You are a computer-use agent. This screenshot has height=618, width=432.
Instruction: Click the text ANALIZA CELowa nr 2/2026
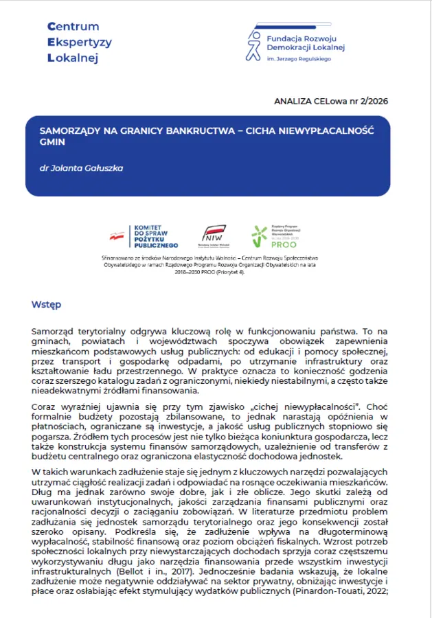(x=331, y=101)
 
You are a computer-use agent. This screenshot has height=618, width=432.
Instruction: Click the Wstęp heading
(x=47, y=304)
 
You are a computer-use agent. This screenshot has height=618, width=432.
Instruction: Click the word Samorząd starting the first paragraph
(x=56, y=331)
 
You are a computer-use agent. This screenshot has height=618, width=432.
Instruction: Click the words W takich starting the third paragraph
(x=52, y=472)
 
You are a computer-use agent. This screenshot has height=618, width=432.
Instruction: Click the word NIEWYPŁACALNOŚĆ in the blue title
(x=332, y=129)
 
